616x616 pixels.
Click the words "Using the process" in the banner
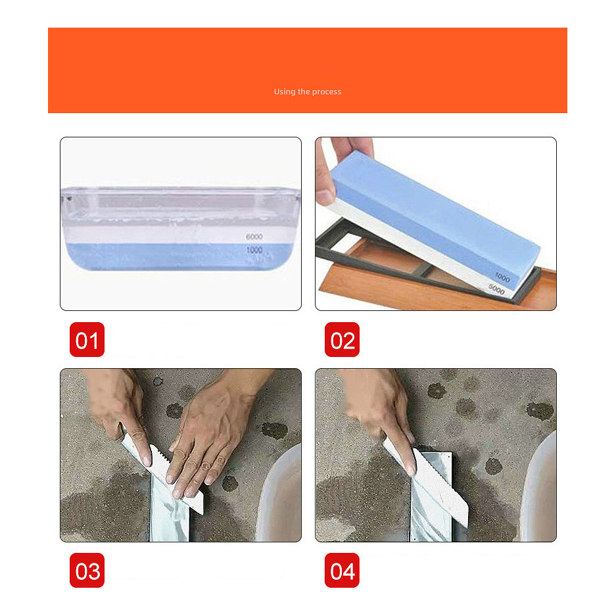(x=308, y=91)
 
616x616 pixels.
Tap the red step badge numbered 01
(x=87, y=339)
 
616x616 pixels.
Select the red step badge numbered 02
(x=342, y=339)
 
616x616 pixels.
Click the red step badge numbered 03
(x=87, y=571)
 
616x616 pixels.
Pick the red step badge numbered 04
(x=342, y=571)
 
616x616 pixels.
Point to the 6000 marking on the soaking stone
(x=254, y=237)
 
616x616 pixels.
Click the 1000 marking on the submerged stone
(x=254, y=250)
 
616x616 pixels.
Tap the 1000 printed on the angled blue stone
(x=502, y=277)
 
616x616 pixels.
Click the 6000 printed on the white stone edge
(x=496, y=290)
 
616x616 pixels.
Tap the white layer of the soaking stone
(x=179, y=235)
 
